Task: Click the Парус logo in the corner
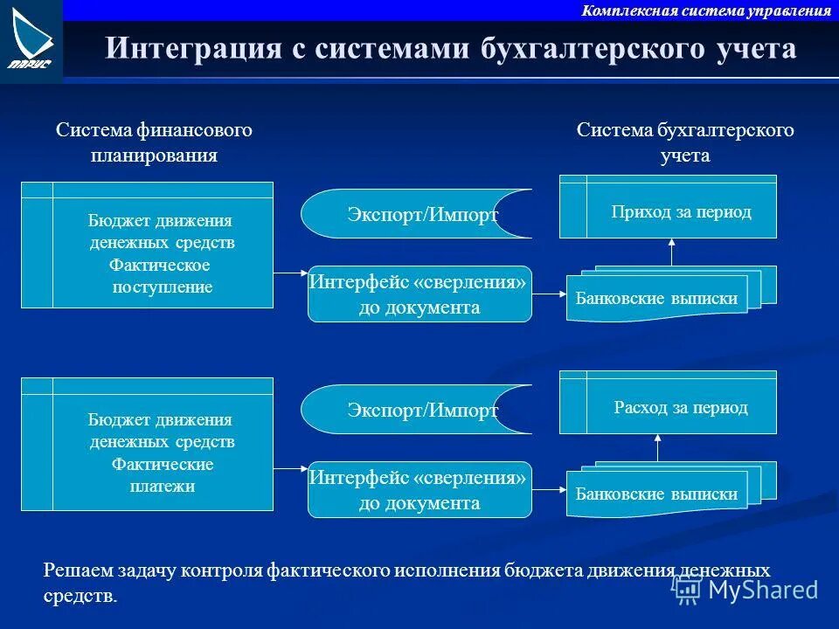coord(31,39)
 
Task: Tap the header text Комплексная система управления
coord(705,10)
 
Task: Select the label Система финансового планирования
coord(154,142)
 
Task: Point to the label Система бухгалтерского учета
coord(685,142)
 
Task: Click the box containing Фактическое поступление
coord(147,245)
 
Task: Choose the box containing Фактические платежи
coord(147,444)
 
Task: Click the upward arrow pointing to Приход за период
coord(671,252)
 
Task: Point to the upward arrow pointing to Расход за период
coord(657,447)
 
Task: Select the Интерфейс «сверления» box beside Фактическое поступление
coord(419,294)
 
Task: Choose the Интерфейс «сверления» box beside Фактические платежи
coord(419,490)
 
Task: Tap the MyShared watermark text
coord(762,590)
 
